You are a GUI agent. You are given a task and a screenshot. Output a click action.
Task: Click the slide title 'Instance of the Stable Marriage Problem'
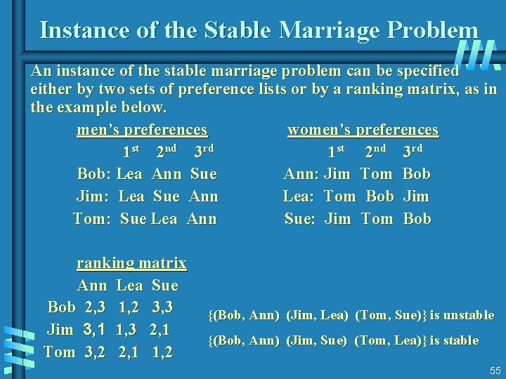(259, 29)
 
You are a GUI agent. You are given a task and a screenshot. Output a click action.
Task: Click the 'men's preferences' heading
(142, 130)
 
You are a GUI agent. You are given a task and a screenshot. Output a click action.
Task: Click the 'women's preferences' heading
(363, 130)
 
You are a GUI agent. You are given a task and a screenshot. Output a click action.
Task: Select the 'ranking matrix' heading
(131, 263)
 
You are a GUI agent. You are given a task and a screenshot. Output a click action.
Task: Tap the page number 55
(495, 370)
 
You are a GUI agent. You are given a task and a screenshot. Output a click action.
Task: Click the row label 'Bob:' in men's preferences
(94, 173)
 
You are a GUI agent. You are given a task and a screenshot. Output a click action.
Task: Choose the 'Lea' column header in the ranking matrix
(129, 286)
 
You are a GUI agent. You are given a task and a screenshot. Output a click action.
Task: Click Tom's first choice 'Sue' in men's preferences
(134, 218)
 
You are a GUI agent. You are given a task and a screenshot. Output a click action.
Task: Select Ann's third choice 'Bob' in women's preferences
(417, 173)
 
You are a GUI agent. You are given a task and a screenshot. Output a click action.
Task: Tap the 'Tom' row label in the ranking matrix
(59, 352)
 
